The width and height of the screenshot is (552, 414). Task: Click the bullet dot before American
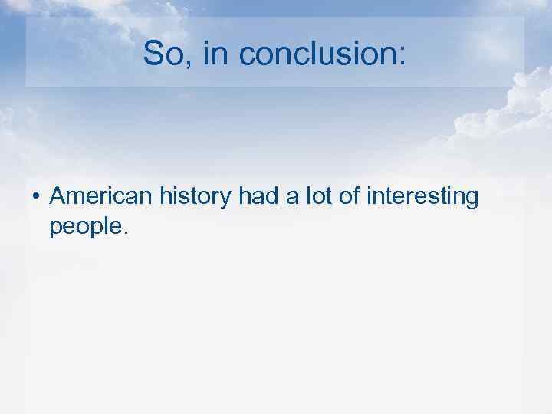pyautogui.click(x=36, y=198)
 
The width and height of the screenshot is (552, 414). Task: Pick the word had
pyautogui.click(x=256, y=197)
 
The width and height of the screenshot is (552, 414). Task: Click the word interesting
pyautogui.click(x=421, y=198)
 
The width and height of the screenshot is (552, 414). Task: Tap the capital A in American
pyautogui.click(x=58, y=197)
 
